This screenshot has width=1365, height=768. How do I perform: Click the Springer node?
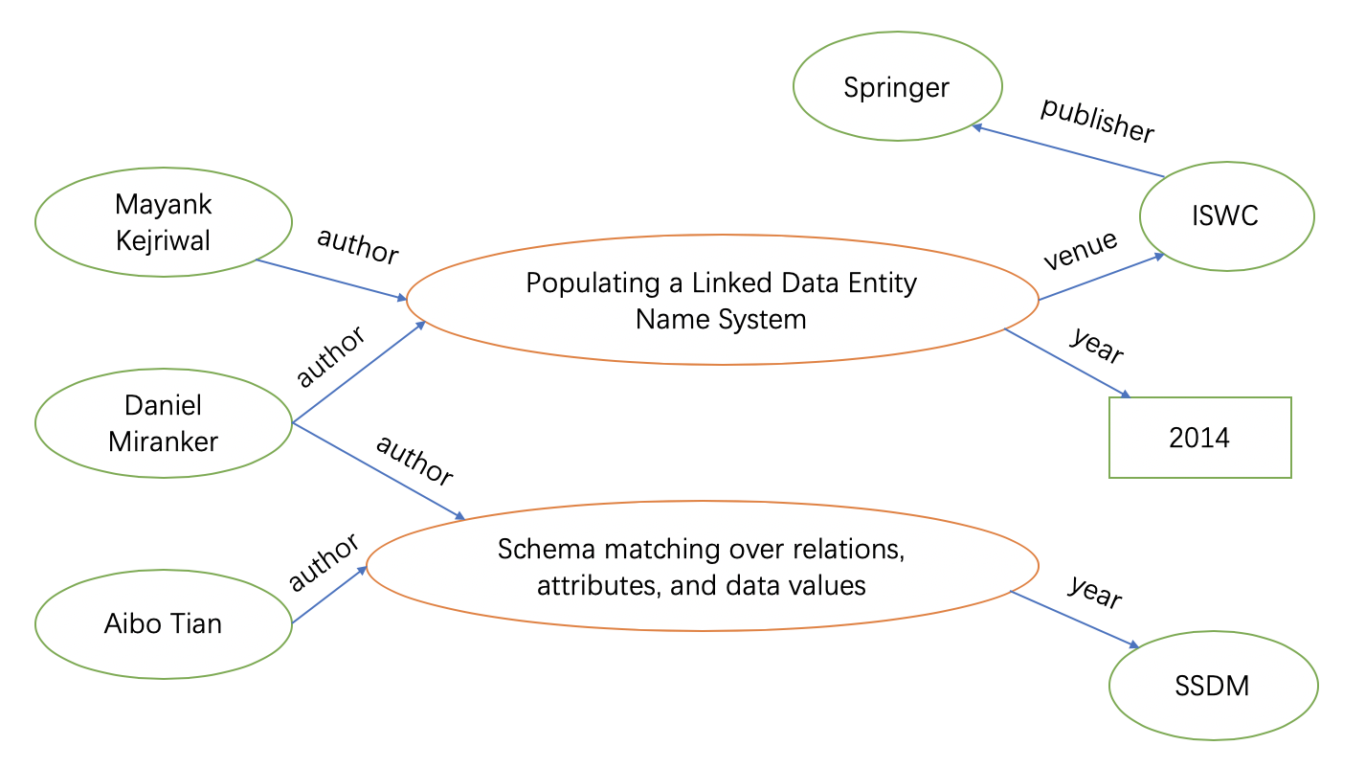pyautogui.click(x=898, y=86)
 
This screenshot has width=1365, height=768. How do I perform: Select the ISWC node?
pyautogui.click(x=1226, y=216)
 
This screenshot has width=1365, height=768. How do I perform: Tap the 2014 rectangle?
pyautogui.click(x=1199, y=438)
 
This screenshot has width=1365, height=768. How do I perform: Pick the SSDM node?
pyautogui.click(x=1213, y=686)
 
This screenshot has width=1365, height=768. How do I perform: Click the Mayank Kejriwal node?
pyautogui.click(x=164, y=222)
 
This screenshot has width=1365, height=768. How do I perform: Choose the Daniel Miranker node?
pyautogui.click(x=164, y=423)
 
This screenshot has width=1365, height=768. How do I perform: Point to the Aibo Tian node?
pyautogui.click(x=164, y=624)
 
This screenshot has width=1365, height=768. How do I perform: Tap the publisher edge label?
pyautogui.click(x=1098, y=121)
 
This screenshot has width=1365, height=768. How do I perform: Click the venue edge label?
pyautogui.click(x=1081, y=250)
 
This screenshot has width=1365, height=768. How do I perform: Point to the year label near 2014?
pyautogui.click(x=1097, y=346)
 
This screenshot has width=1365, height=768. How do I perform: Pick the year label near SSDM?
pyautogui.click(x=1096, y=591)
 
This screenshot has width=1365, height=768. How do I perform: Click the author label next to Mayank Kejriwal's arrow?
pyautogui.click(x=358, y=246)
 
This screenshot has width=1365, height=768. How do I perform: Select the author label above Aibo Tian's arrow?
pyautogui.click(x=324, y=562)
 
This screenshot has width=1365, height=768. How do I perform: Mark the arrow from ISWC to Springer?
pyautogui.click(x=1068, y=151)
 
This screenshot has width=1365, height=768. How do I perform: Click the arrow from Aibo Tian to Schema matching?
pyautogui.click(x=329, y=595)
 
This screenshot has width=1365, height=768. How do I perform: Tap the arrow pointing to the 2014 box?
pyautogui.click(x=1067, y=363)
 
